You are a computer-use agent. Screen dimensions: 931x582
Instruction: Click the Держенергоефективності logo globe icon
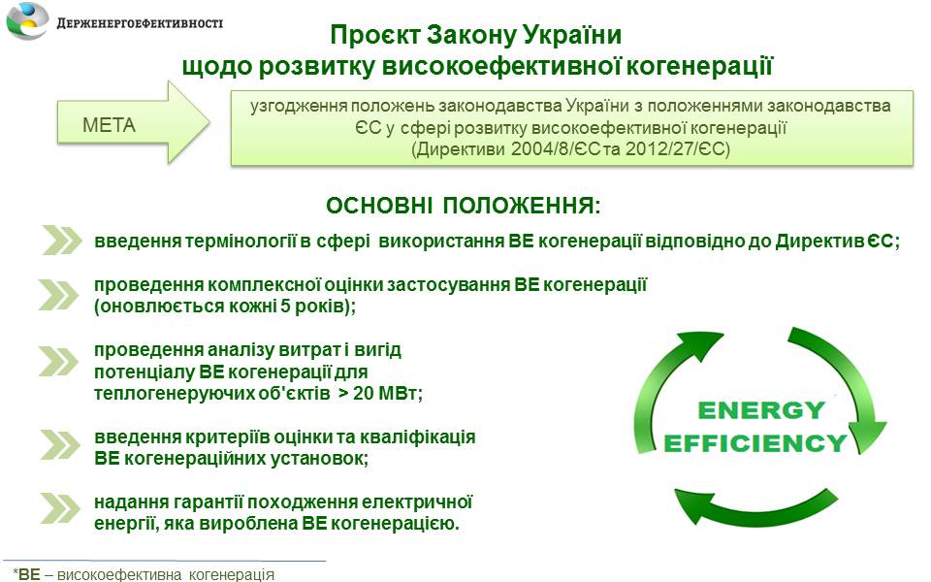pos(27,21)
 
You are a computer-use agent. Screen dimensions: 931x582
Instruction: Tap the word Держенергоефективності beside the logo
pos(140,23)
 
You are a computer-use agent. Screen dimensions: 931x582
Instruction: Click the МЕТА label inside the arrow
pos(110,125)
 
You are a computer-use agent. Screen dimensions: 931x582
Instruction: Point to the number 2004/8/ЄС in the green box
pos(557,148)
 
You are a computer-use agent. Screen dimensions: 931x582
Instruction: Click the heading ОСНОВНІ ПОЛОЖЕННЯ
pos(464,206)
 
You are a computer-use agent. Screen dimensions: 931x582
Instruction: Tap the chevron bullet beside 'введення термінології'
pos(62,241)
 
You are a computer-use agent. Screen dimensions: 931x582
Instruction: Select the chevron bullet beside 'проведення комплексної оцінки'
pos(59,295)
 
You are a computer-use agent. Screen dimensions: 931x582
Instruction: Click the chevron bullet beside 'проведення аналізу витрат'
pos(59,361)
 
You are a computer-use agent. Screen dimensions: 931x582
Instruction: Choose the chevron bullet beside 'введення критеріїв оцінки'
pos(60,444)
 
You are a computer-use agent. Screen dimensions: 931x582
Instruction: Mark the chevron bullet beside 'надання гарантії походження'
pos(60,508)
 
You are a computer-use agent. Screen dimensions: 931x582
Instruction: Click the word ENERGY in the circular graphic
pos(761,410)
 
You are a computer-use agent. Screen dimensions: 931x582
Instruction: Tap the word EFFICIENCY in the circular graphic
pos(755,443)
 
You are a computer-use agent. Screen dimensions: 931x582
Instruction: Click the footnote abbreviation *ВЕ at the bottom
pos(27,574)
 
